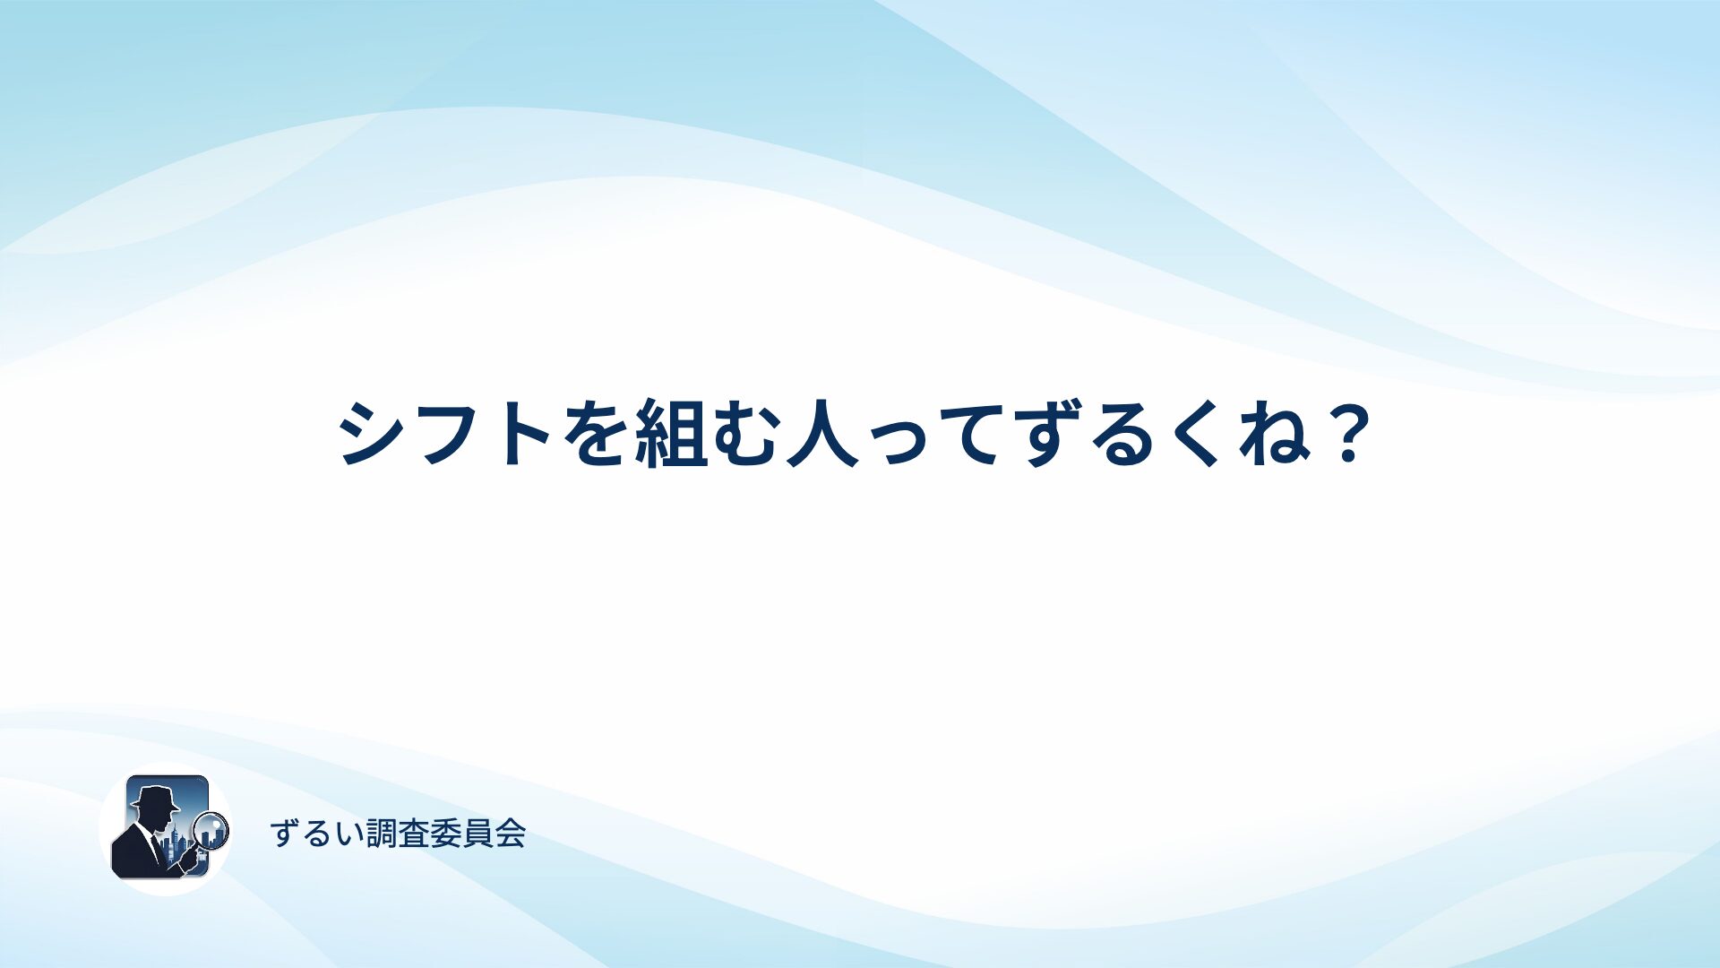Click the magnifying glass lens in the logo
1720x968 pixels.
tap(211, 830)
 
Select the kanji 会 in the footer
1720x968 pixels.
tap(510, 834)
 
